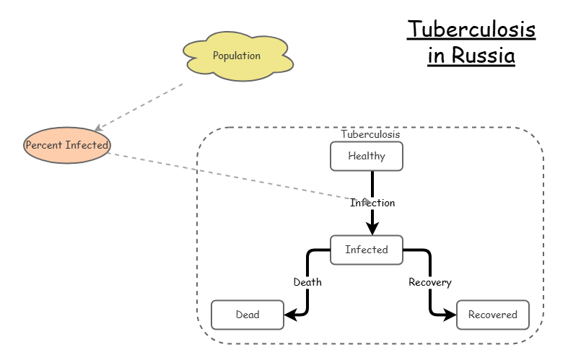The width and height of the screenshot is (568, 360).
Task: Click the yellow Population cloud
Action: point(237,56)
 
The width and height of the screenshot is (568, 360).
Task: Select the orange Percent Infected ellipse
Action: point(67,145)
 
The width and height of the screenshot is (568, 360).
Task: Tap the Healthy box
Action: point(366,156)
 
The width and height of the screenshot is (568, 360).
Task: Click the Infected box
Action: point(366,250)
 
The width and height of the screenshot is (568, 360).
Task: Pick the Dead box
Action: point(247,315)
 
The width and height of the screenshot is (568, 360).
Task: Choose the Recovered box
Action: point(492,315)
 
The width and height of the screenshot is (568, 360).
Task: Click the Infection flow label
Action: point(372,203)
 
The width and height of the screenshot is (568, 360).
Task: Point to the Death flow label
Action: point(307,282)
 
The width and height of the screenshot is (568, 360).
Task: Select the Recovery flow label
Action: point(429,282)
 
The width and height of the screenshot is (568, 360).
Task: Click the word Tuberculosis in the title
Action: point(471,30)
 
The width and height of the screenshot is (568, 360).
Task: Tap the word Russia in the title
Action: point(484,55)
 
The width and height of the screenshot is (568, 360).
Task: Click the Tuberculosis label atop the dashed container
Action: point(370,134)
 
